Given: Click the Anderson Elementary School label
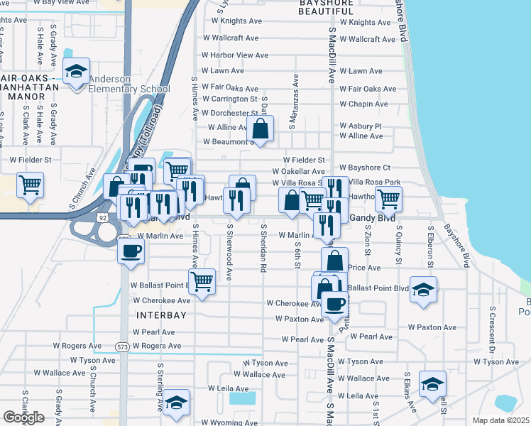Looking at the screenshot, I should click(128, 84).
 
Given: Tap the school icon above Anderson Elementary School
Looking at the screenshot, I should click(76, 72).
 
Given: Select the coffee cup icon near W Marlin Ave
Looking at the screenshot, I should click(131, 251).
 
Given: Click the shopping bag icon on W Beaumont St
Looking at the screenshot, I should click(261, 129).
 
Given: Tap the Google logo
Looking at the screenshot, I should click(23, 417).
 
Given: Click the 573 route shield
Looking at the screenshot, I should click(122, 346).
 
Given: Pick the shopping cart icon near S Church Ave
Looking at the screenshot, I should click(31, 185).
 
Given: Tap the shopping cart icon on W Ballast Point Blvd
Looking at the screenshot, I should click(202, 281).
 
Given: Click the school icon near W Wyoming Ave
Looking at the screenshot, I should click(175, 403).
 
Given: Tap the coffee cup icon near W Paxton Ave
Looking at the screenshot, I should click(334, 304).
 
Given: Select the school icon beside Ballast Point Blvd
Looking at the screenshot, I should click(424, 289).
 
